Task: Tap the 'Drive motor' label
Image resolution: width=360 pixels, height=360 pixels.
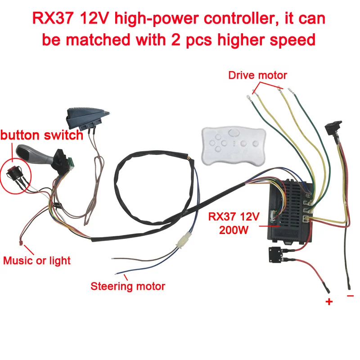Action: (257, 75)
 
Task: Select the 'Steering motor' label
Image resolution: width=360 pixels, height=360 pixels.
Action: (128, 286)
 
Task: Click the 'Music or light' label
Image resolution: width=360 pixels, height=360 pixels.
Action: (37, 260)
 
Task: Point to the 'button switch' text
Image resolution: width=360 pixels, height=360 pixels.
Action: (41, 135)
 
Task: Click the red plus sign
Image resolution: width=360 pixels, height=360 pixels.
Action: (329, 301)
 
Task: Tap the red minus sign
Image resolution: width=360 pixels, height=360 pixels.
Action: (351, 296)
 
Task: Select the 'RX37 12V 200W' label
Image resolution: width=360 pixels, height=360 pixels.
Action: (234, 223)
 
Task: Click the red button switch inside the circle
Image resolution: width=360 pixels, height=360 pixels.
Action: (13, 173)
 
